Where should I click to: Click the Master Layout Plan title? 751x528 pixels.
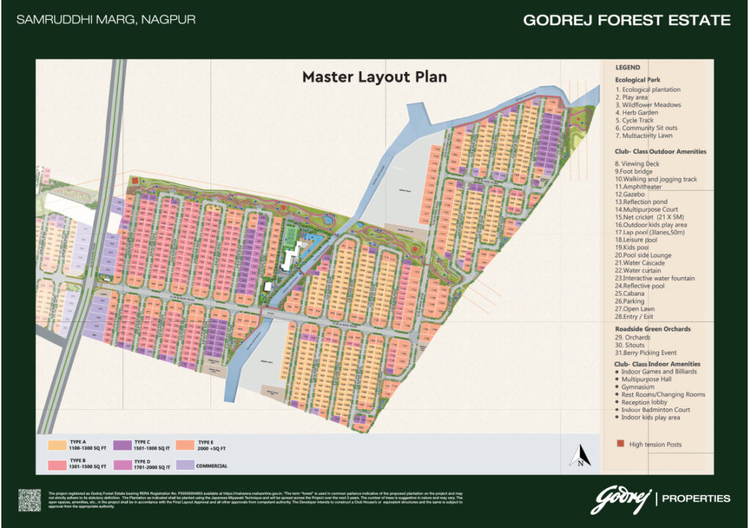click(x=375, y=76)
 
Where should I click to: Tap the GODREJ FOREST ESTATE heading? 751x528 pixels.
click(x=626, y=21)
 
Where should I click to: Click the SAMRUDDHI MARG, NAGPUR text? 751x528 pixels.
click(x=106, y=20)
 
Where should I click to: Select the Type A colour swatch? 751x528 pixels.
click(x=57, y=445)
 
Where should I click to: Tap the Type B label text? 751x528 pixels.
click(x=78, y=460)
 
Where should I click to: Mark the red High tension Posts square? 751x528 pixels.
click(x=620, y=444)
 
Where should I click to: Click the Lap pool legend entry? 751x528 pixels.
click(x=656, y=231)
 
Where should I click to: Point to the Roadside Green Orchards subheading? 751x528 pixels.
click(x=652, y=329)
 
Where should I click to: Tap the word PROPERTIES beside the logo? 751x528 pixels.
click(x=696, y=499)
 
